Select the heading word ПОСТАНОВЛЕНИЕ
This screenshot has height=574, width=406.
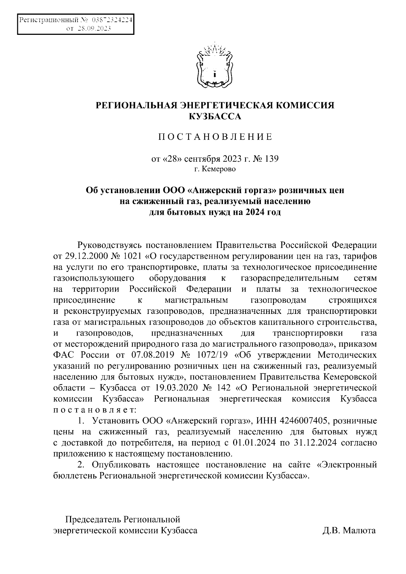(x=215, y=137)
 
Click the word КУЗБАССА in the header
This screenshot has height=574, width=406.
(x=215, y=117)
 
